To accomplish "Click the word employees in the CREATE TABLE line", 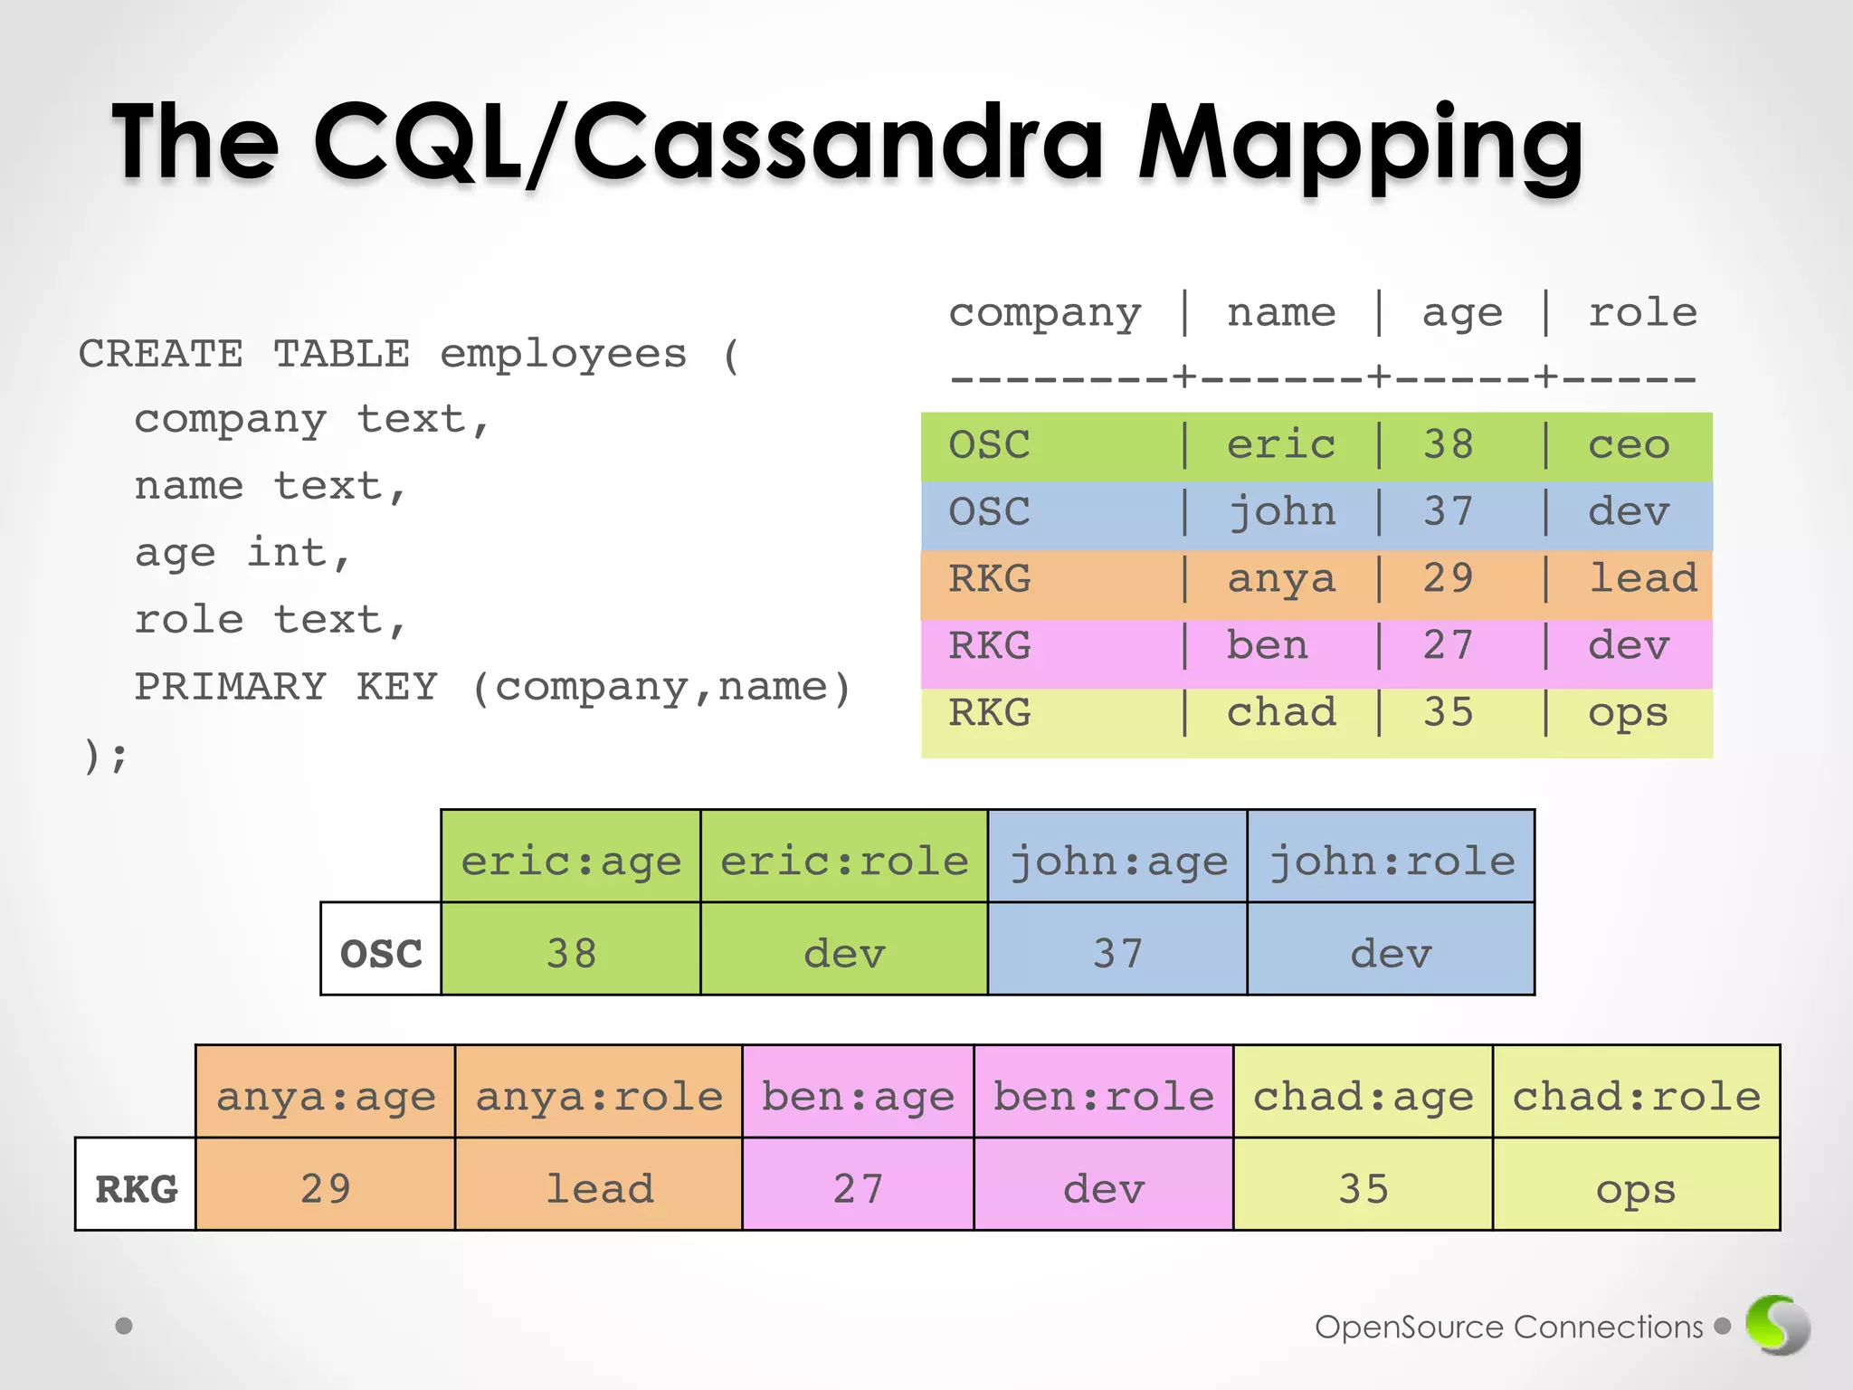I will (563, 354).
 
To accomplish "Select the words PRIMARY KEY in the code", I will (286, 687).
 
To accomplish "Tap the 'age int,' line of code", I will (242, 553).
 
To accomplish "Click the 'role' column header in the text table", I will (1642, 313).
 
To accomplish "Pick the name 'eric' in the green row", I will (1280, 445).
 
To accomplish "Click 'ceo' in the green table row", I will (1629, 445).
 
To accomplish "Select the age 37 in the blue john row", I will (1448, 512).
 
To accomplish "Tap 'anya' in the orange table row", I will (1280, 579).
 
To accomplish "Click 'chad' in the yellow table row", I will (1280, 713).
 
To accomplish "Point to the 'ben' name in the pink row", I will (1267, 646).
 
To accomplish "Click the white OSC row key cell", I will (381, 953).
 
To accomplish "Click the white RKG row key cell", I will (136, 1188).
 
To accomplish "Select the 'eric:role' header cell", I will (844, 860).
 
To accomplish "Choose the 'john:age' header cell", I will (1118, 860).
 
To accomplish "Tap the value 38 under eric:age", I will (571, 953).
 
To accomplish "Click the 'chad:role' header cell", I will (1636, 1096).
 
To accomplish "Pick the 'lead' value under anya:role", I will (599, 1188).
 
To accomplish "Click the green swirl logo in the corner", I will (1777, 1325).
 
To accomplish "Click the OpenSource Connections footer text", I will (1508, 1327).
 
